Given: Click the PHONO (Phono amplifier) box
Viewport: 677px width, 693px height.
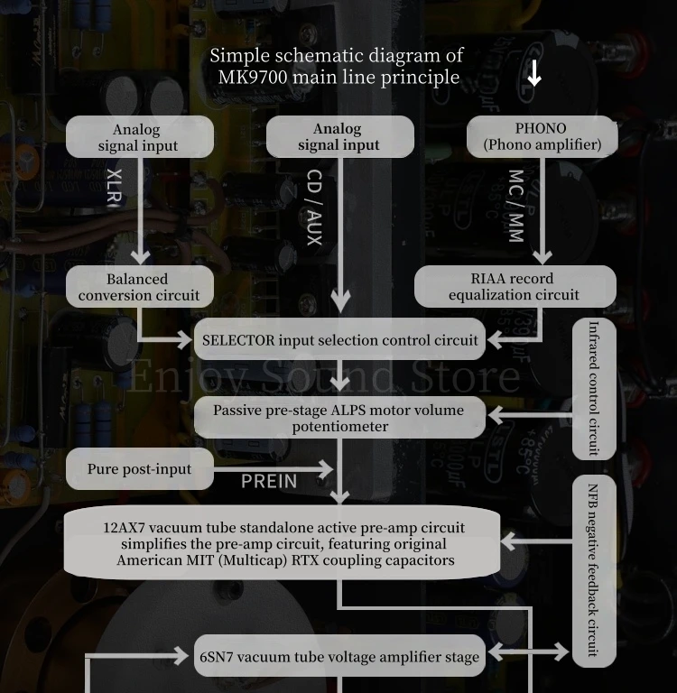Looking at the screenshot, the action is [543, 136].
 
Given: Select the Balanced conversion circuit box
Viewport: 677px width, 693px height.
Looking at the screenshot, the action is [140, 287].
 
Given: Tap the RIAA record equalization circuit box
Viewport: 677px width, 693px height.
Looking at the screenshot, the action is [515, 286].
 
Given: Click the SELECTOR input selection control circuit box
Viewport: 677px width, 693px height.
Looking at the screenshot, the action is [339, 339].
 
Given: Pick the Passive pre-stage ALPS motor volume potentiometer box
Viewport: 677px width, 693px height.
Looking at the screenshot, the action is [339, 418].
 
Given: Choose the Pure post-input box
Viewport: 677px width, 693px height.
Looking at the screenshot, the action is [140, 469].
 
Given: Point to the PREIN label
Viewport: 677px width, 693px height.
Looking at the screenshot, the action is [269, 481].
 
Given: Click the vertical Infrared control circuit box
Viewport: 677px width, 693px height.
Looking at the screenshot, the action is [594, 389].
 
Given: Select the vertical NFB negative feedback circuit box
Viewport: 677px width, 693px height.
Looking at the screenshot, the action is [594, 571].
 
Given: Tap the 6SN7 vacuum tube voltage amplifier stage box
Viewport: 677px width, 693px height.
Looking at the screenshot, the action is [339, 656].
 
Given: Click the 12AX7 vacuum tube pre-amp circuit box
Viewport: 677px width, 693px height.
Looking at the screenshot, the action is [283, 542].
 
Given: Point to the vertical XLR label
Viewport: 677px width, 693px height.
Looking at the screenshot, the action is [115, 187].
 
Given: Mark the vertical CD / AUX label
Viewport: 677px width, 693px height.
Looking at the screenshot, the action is [314, 208].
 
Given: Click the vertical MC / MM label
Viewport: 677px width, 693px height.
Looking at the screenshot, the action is [516, 206].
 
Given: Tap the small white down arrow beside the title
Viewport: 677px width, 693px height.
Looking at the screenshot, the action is [534, 73].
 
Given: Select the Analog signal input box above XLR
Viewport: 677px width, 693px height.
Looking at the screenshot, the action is [140, 137].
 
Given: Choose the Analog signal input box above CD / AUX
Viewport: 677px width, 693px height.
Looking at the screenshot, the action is [340, 137].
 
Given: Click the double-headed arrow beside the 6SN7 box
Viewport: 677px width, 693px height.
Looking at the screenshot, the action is [528, 651].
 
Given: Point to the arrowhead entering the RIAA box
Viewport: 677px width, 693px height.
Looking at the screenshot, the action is [543, 257].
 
